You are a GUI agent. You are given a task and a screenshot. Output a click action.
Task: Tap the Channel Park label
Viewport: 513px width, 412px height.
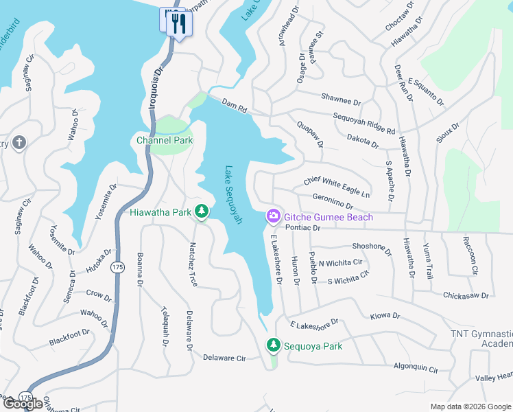pyautogui.click(x=164, y=140)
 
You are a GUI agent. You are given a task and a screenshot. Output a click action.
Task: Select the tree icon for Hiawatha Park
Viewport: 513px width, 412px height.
pyautogui.click(x=201, y=211)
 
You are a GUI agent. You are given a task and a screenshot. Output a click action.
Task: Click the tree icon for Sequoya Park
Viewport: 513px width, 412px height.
pyautogui.click(x=274, y=345)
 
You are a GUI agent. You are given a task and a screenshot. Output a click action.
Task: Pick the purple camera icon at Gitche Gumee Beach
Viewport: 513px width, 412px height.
pyautogui.click(x=273, y=217)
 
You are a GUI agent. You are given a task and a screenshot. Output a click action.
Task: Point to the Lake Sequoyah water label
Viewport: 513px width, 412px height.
pyautogui.click(x=233, y=194)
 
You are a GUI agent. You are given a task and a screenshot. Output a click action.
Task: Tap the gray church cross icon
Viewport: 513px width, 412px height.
pyautogui.click(x=20, y=143)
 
